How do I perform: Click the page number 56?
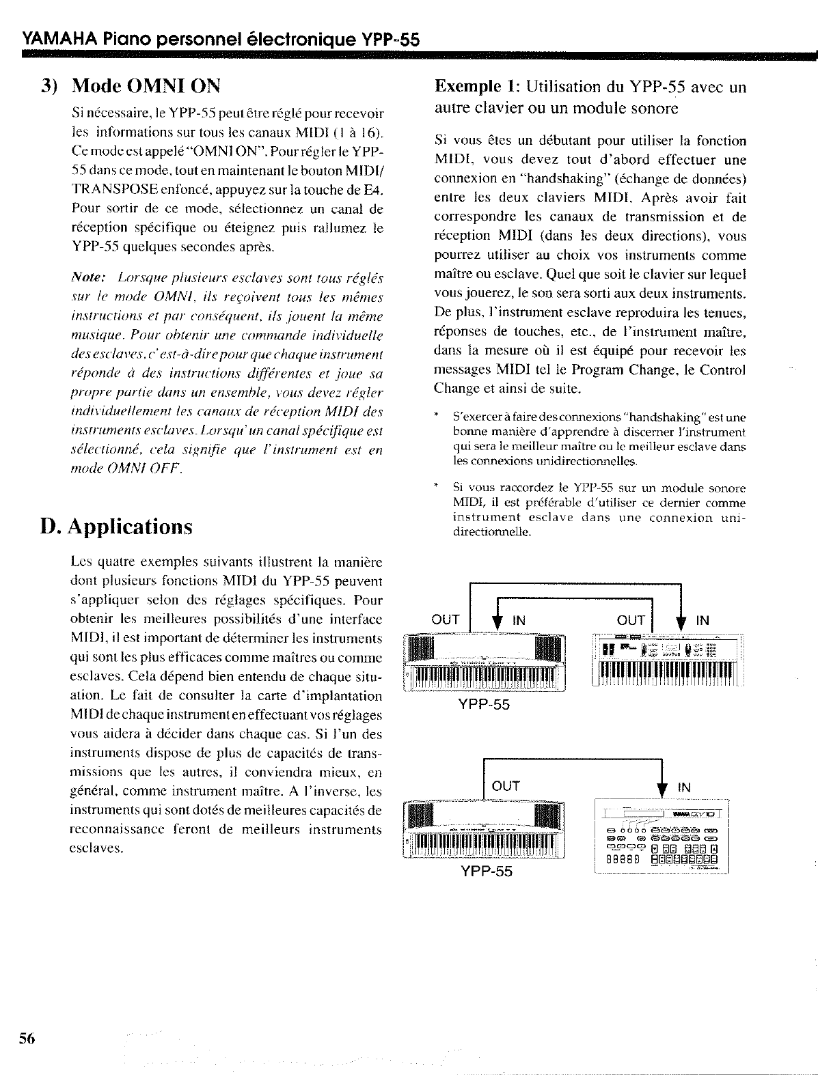(27, 1038)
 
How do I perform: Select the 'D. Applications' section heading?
(116, 527)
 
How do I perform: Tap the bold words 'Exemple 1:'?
(478, 87)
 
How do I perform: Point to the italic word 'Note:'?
(88, 278)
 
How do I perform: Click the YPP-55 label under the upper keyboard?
(484, 704)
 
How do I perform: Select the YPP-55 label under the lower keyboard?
(486, 871)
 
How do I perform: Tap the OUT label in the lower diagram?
(506, 786)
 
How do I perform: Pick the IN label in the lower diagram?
(684, 787)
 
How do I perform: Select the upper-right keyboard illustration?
(667, 660)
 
